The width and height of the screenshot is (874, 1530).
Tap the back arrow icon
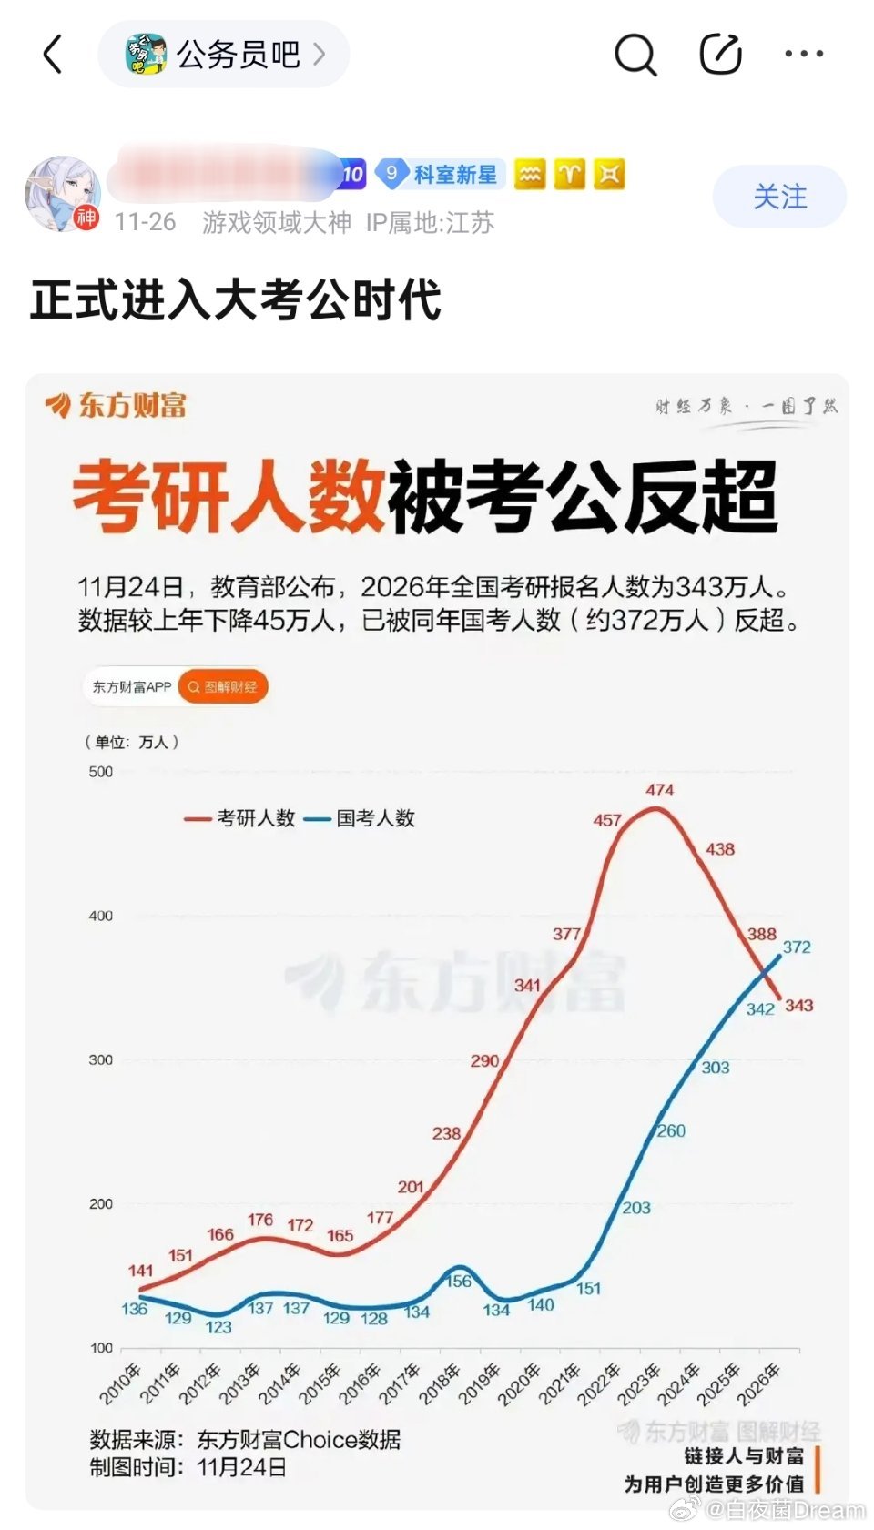pos(53,55)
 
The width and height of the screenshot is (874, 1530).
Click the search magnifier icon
pos(635,55)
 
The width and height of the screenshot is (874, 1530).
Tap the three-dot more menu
pos(804,55)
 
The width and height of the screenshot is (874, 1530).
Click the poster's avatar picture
pos(62,193)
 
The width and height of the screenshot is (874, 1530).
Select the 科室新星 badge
pos(438,175)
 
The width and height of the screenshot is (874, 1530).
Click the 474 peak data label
pos(660,790)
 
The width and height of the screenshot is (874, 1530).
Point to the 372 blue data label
pos(797,947)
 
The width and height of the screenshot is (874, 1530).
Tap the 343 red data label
pos(799,1005)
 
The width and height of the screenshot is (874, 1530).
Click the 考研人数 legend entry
pos(240,818)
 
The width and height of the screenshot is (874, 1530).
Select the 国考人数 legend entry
pos(361,818)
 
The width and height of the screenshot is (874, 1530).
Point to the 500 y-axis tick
pos(101,772)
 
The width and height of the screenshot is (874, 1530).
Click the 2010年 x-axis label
pos(119,1383)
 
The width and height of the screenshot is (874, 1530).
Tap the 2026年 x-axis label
pos(758,1383)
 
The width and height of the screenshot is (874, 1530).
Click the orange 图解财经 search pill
pos(223,687)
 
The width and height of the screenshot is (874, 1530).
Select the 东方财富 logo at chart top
pos(117,405)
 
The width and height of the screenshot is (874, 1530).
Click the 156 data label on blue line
pos(458,1281)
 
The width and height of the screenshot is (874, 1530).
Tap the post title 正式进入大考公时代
pos(236,300)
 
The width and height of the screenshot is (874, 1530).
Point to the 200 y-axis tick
pos(101,1203)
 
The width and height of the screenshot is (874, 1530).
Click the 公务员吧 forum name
pos(238,55)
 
